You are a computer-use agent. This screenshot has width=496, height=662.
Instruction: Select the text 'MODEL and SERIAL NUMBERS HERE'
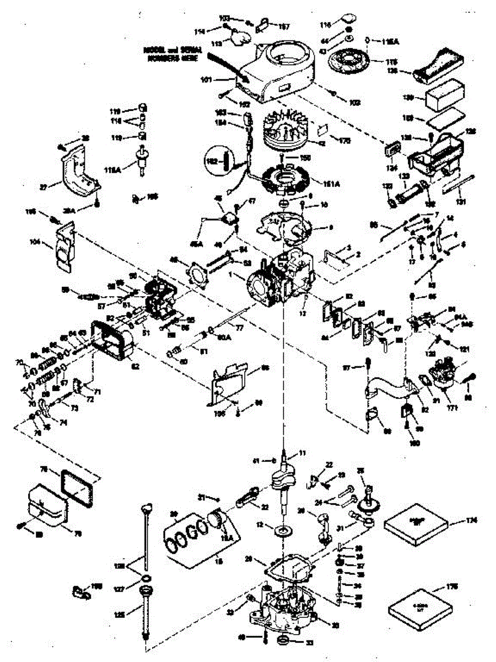coord(172,53)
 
